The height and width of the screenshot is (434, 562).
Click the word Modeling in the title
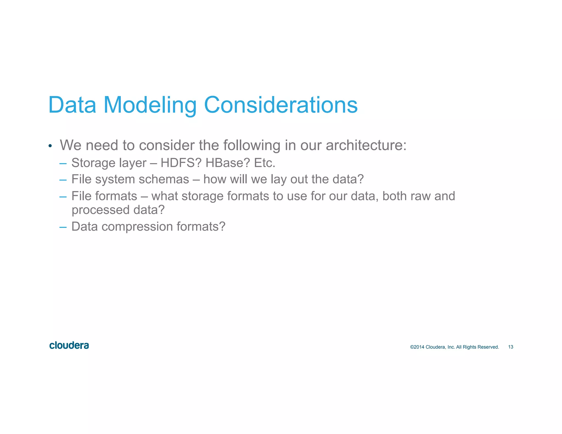click(x=150, y=105)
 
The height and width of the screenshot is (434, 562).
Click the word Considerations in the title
click(x=281, y=105)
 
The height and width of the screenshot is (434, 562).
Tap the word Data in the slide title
click(x=72, y=105)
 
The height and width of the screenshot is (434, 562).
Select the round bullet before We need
click(x=50, y=146)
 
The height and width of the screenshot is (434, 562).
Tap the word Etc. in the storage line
click(x=265, y=163)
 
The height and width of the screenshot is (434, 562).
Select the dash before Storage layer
click(x=63, y=164)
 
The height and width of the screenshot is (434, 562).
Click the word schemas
click(x=164, y=179)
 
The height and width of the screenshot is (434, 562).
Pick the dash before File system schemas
click(x=63, y=180)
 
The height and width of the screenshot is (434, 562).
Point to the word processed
click(x=100, y=210)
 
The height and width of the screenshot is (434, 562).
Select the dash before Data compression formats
click(x=63, y=227)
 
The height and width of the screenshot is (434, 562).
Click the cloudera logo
click(x=69, y=345)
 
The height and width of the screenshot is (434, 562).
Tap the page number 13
click(x=511, y=347)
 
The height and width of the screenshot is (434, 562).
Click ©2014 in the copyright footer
click(x=417, y=347)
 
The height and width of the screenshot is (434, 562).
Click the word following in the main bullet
click(x=252, y=145)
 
